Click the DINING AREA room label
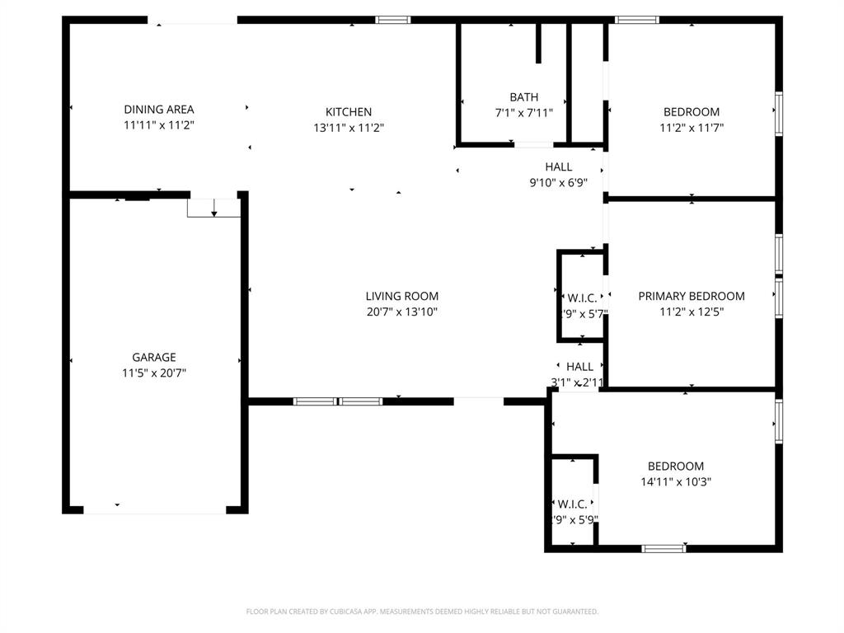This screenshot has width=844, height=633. [x=159, y=109]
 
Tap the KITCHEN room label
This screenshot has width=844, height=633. [x=349, y=112]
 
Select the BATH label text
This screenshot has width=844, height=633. [x=523, y=97]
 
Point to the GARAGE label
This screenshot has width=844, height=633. [x=154, y=357]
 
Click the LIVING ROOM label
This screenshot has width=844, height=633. [x=402, y=296]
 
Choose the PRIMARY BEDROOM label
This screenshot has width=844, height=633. [x=692, y=296]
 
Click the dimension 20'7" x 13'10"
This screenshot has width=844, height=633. [x=402, y=312]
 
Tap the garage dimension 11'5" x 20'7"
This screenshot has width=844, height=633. [x=154, y=373]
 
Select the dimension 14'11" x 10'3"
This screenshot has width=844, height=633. [x=675, y=481]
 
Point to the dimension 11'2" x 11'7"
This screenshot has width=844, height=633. [x=692, y=128]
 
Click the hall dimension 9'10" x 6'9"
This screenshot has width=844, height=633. [x=558, y=183]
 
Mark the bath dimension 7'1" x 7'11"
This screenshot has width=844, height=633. [x=523, y=113]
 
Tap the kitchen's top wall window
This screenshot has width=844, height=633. [x=392, y=20]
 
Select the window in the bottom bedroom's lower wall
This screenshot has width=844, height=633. [x=663, y=548]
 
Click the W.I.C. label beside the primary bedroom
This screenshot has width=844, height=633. [x=582, y=298]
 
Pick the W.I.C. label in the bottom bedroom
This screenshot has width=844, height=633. [x=572, y=504]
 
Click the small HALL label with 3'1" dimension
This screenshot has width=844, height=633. [x=579, y=367]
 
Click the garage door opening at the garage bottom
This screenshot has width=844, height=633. [x=155, y=511]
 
